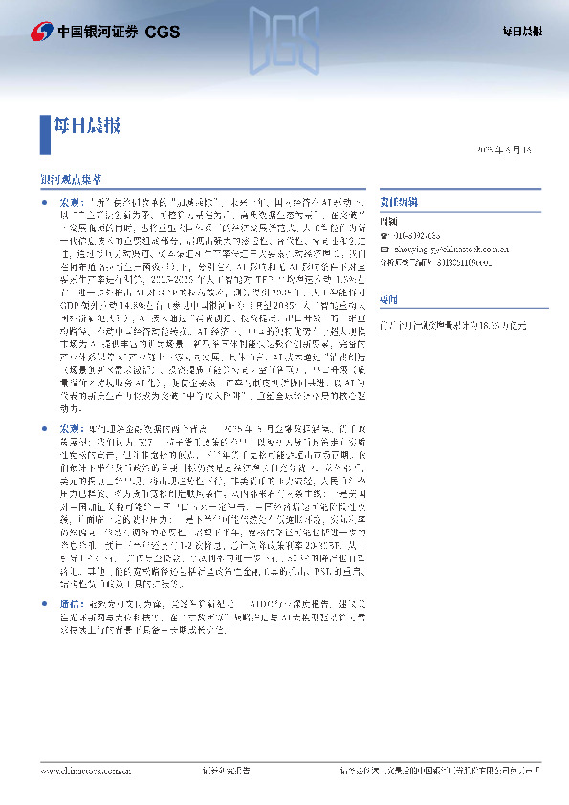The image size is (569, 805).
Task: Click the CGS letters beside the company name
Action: tap(160, 32)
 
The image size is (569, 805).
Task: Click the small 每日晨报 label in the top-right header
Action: tap(522, 32)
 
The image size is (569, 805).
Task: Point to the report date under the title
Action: tap(510, 151)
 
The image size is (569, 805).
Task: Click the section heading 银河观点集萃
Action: tap(71, 179)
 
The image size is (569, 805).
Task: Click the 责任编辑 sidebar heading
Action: tap(397, 204)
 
